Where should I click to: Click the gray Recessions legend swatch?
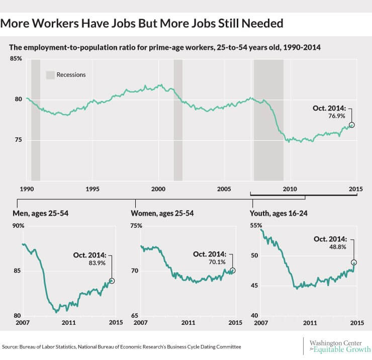tap(50, 75)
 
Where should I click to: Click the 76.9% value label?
tap(337, 116)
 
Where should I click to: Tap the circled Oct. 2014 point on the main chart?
tap(352, 125)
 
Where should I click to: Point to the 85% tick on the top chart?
tap(16, 59)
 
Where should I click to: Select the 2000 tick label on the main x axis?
tap(158, 189)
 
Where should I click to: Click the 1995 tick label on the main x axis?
tap(92, 189)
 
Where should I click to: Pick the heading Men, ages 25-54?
tap(41, 213)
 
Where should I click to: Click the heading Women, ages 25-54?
tap(162, 213)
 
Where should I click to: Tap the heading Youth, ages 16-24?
tap(279, 213)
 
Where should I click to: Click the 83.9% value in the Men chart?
tap(97, 263)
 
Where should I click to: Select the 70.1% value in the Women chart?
tap(217, 262)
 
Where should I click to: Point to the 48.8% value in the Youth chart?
tap(338, 247)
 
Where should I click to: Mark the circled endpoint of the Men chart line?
tap(112, 281)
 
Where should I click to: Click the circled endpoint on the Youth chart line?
tap(354, 262)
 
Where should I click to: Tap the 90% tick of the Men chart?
tap(18, 226)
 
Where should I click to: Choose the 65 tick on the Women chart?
tap(135, 316)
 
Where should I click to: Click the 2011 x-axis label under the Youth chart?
tap(310, 323)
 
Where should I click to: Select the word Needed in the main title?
tap(262, 23)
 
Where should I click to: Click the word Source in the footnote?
tap(10, 347)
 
